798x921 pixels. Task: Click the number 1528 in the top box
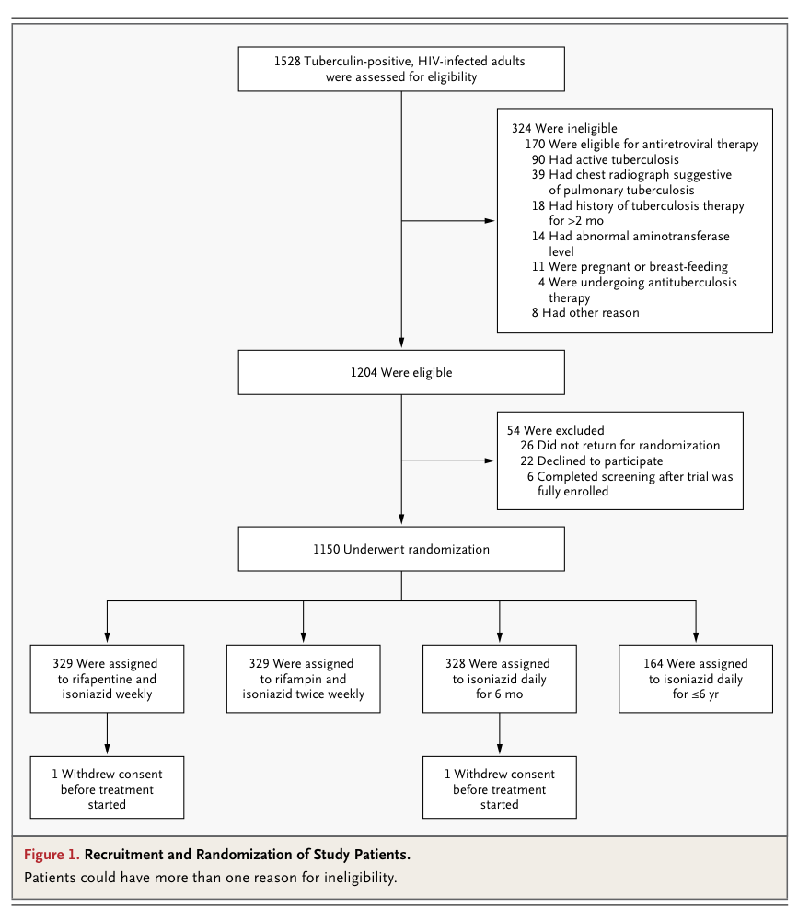287,61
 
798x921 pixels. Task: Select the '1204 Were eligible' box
401,372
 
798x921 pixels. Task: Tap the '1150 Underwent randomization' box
401,549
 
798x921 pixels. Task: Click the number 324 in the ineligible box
521,128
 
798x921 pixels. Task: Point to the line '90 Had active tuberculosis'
605,159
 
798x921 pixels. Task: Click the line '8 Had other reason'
585,312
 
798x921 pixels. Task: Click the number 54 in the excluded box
514,430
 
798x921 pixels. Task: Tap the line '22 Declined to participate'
591,461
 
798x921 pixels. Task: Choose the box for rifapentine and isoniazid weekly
107,679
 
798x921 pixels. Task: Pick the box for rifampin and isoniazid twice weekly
303,679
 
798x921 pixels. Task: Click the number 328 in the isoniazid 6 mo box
455,663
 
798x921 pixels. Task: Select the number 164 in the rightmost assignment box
653,663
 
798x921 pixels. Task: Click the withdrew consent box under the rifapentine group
107,787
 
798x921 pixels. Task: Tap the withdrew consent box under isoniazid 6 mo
499,787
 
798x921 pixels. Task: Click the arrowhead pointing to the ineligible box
490,221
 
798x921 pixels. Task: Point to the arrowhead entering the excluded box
490,460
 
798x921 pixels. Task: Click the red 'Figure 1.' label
52,854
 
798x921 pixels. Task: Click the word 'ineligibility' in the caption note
360,878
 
